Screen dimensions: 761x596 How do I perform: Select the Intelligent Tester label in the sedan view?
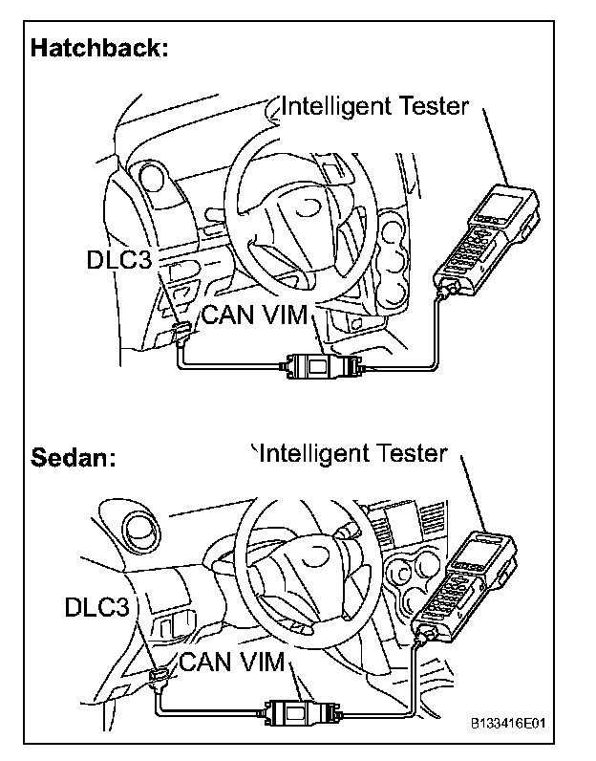click(352, 452)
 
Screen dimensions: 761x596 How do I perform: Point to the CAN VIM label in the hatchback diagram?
click(253, 315)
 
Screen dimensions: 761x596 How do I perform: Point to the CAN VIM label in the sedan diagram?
click(233, 661)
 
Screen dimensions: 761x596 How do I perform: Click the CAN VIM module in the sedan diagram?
click(295, 711)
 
